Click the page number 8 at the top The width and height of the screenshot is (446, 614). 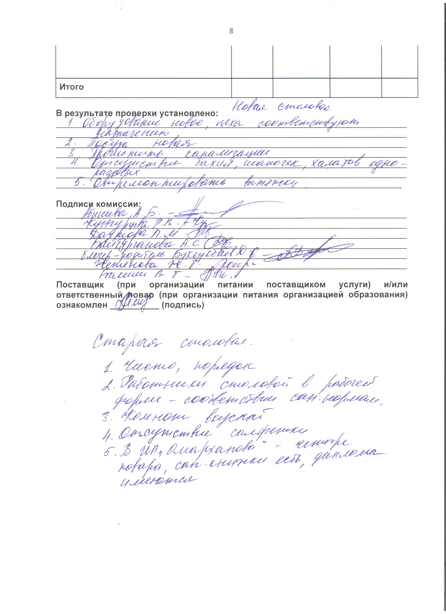(231, 31)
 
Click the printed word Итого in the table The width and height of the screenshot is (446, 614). (72, 87)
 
